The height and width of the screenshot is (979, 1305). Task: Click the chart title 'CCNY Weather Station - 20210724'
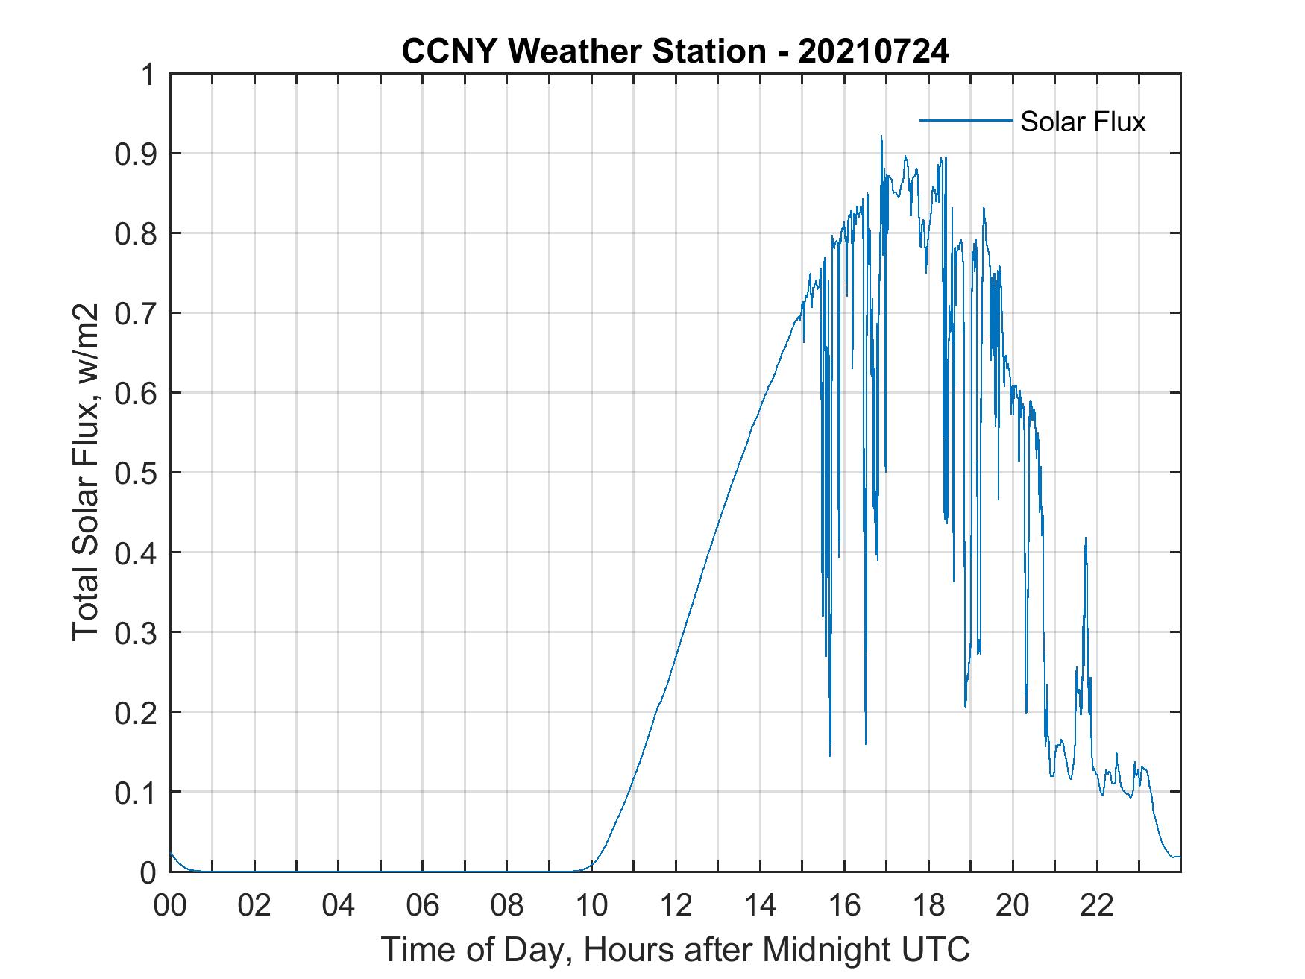[675, 51]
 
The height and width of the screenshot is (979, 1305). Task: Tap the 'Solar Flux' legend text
[1082, 122]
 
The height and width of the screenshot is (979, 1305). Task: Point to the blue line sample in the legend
[965, 120]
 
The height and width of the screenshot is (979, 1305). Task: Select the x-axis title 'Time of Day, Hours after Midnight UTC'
[675, 950]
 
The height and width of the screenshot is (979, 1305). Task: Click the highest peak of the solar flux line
[881, 136]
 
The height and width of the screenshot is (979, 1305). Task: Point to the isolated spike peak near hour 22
[1085, 538]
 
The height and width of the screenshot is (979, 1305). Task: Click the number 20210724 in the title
[873, 51]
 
